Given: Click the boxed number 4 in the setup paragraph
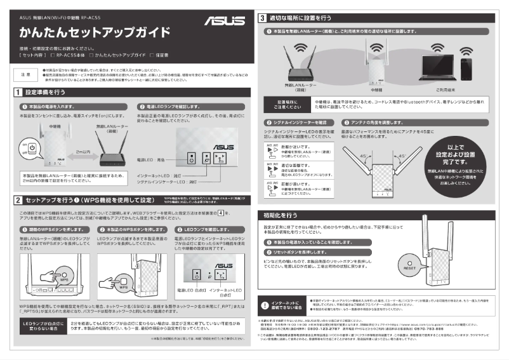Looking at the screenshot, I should pos(221,213).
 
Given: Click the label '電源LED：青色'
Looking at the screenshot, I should pos(152,160).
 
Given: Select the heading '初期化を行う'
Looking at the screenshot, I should pos(280,215).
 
